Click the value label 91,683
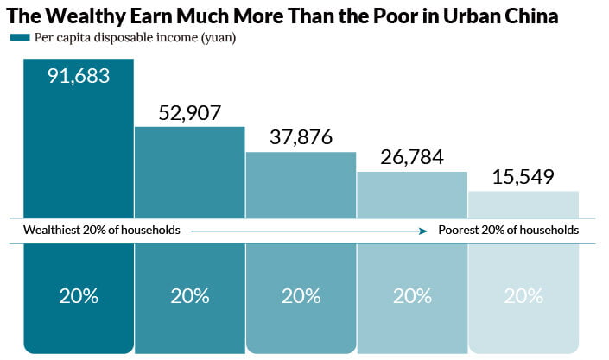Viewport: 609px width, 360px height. click(x=79, y=76)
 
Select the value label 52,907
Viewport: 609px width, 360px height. click(x=189, y=113)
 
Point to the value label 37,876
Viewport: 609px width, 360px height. click(x=301, y=137)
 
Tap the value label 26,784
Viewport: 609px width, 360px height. click(x=412, y=157)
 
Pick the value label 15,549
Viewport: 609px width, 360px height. click(x=523, y=177)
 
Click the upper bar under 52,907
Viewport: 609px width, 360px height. click(x=190, y=172)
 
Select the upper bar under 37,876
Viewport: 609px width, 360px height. click(x=301, y=185)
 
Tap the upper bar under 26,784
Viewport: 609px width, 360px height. click(x=412, y=194)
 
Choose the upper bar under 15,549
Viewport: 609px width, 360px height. click(x=523, y=205)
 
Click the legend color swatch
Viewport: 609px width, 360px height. click(x=20, y=37)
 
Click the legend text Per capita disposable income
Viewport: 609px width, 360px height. click(x=116, y=38)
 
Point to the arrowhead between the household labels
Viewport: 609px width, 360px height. click(x=423, y=231)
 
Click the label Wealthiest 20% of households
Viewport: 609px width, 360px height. click(x=102, y=230)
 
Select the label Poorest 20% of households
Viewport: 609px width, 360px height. click(x=509, y=230)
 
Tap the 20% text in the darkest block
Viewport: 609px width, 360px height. click(x=79, y=296)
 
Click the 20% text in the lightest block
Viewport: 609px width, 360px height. click(x=523, y=296)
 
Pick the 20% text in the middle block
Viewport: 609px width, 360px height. click(x=301, y=296)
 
